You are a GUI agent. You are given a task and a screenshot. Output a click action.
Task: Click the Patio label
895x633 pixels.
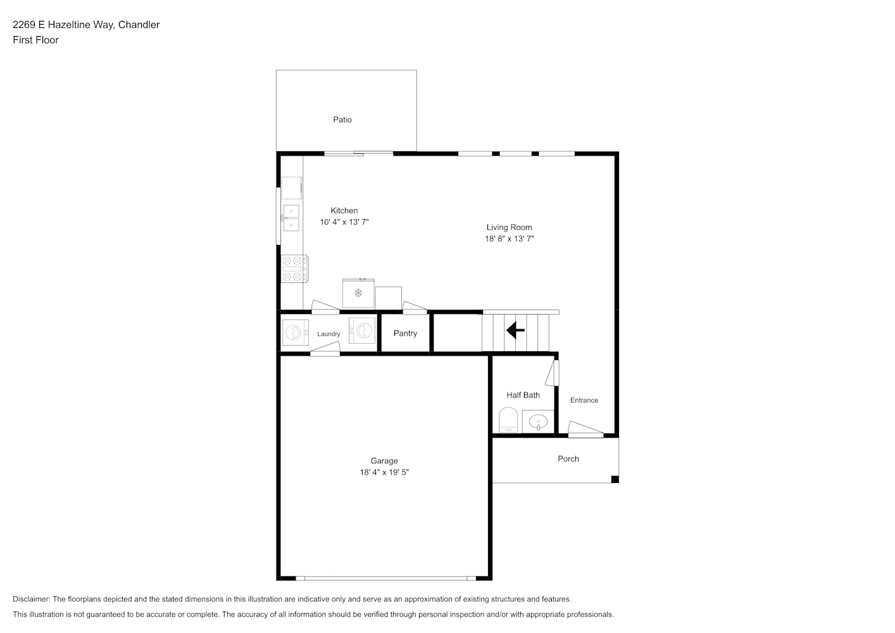tap(342, 120)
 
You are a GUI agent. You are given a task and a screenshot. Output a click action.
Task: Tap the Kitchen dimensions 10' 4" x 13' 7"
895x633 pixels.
tap(344, 222)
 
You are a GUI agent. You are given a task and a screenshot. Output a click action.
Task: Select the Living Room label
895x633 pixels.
tap(509, 227)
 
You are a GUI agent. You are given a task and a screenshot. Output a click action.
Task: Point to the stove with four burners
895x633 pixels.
tap(294, 268)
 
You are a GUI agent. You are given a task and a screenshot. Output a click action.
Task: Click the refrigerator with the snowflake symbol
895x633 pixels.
tap(358, 293)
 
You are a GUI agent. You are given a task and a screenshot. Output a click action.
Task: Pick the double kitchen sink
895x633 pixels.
tap(291, 218)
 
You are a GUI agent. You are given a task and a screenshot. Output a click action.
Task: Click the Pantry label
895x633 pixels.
tap(405, 334)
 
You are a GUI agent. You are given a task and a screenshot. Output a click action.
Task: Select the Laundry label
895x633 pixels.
tap(329, 334)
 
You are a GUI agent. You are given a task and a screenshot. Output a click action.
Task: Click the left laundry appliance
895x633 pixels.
tap(295, 332)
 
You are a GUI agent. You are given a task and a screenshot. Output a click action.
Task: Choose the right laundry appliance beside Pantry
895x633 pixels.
tap(363, 330)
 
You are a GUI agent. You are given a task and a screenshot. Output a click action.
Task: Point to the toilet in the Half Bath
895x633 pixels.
tap(508, 420)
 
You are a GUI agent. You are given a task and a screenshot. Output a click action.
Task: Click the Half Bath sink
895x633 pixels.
tap(538, 422)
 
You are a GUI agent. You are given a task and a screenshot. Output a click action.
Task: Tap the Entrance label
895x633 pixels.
tap(584, 400)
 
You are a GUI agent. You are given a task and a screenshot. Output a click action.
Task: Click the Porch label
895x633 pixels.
tap(568, 459)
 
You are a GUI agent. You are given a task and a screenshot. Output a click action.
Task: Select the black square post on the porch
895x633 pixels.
tap(615, 480)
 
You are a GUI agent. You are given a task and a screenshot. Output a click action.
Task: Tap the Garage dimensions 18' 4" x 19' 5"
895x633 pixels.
tap(384, 472)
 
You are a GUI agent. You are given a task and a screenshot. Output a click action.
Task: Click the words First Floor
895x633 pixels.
tap(35, 40)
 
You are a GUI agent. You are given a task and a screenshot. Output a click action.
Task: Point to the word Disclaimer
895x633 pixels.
tap(32, 599)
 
